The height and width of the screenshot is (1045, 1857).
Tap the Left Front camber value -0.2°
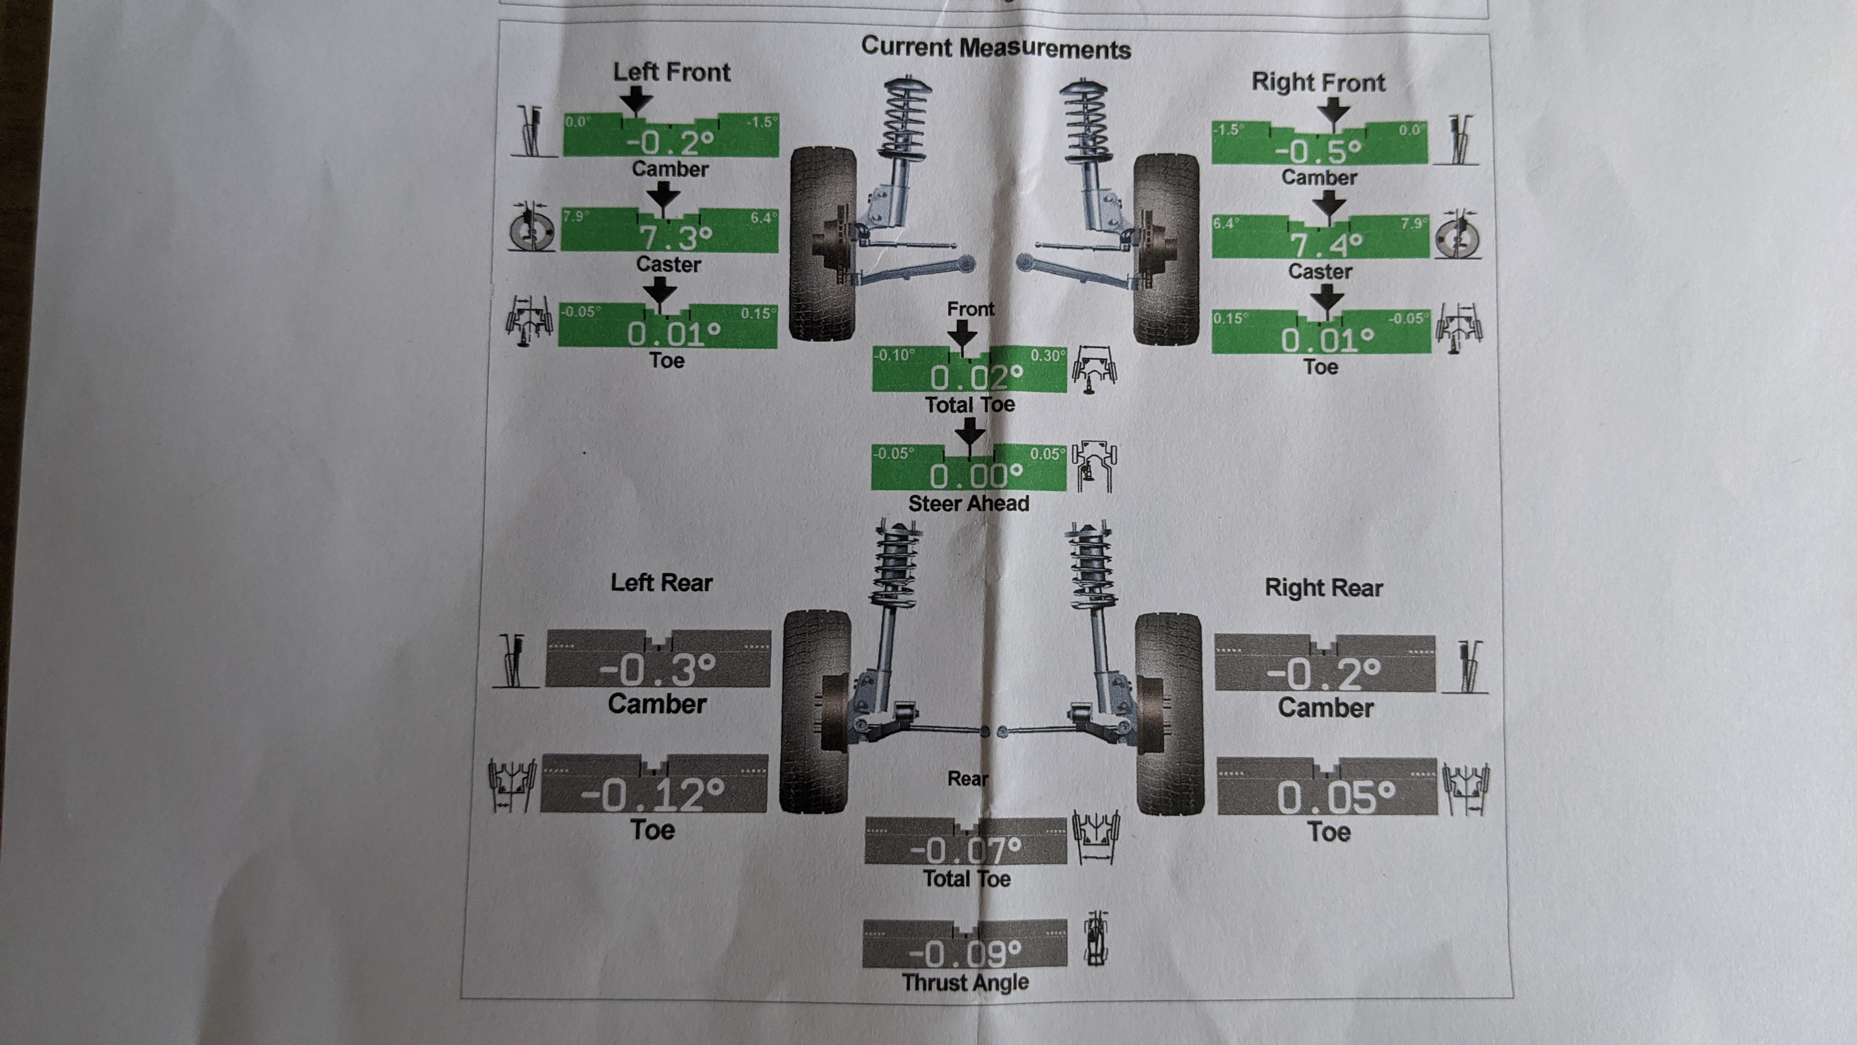pyautogui.click(x=671, y=142)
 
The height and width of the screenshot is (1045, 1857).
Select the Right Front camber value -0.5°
pyautogui.click(x=1319, y=151)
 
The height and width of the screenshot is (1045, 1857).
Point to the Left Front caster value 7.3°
pyautogui.click(x=676, y=236)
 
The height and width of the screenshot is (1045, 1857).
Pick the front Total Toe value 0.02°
pyautogui.click(x=976, y=377)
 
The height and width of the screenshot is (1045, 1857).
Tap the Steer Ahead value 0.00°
pyautogui.click(x=976, y=475)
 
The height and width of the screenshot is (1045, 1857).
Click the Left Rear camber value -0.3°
pyautogui.click(x=657, y=670)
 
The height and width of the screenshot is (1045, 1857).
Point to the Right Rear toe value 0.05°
pyautogui.click(x=1336, y=798)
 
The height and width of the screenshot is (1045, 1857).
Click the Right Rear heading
pyautogui.click(x=1324, y=588)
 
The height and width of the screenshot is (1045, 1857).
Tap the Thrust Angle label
pyautogui.click(x=965, y=982)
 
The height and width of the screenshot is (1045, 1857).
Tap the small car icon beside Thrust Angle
pyautogui.click(x=1096, y=939)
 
